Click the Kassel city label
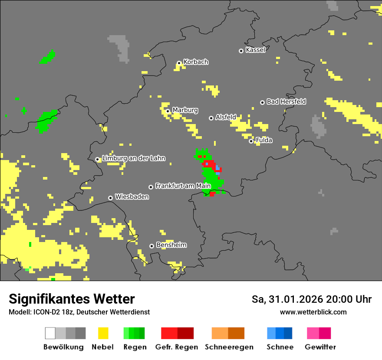(255, 50)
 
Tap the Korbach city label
(196, 62)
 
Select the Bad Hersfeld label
(286, 101)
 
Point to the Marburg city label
(185, 110)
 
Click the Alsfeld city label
(226, 117)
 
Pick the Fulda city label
(264, 140)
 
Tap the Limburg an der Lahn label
(133, 158)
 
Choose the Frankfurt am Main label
(183, 186)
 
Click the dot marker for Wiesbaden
(111, 198)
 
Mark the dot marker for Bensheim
(151, 246)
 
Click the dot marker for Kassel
(241, 51)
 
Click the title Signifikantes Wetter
(72, 299)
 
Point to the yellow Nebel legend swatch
(103, 333)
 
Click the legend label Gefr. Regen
(177, 347)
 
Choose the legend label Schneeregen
(229, 347)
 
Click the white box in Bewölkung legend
(50, 333)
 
